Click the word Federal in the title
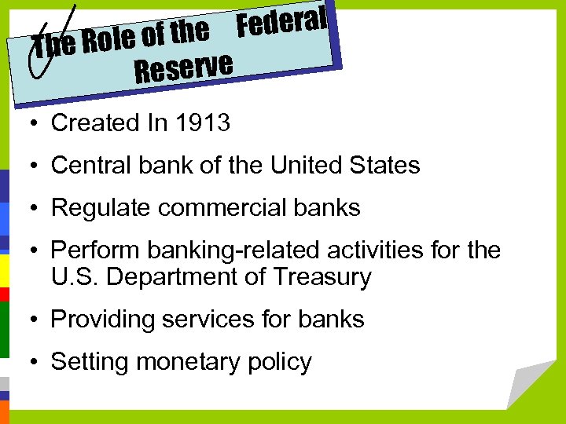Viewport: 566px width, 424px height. click(x=281, y=21)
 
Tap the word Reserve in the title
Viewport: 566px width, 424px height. click(x=183, y=68)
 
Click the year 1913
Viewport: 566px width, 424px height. click(x=203, y=123)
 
